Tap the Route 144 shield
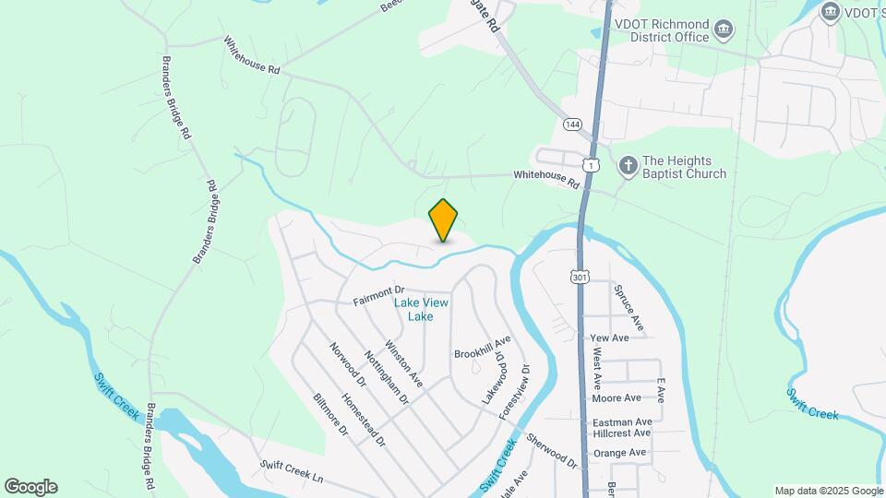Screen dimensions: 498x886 coord(573,124)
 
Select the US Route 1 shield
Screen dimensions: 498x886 coord(590,163)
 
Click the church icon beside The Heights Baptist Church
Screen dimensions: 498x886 coord(627,166)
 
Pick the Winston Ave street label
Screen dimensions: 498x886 coord(403,363)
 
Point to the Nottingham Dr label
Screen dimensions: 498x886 coord(386,377)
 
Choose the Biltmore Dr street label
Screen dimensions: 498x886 coord(329,415)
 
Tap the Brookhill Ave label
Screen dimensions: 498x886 coord(482,353)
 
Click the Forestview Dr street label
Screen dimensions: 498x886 coord(515,393)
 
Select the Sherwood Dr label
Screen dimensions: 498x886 coord(552,449)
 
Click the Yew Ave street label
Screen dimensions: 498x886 coord(609,338)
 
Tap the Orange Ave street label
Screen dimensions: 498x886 coord(619,453)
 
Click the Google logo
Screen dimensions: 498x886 coord(30,487)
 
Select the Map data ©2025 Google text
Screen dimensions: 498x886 coord(827,491)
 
